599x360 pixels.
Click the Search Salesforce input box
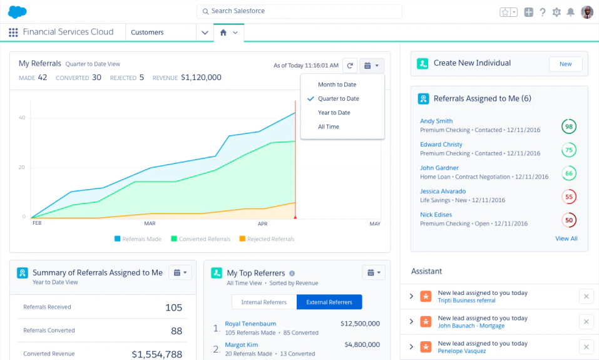299,11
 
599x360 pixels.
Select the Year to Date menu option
334,113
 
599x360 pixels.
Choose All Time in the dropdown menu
328,126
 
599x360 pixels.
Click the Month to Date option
337,85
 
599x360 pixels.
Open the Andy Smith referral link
436,121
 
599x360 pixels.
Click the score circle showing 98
568,126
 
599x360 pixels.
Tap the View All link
566,239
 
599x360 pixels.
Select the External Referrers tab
329,302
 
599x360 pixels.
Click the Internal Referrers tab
264,302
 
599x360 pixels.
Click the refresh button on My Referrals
349,65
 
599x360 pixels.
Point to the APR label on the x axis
262,224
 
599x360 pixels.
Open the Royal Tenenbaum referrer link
250,324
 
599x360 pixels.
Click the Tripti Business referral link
466,301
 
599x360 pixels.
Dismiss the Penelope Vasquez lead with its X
586,347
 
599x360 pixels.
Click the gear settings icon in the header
556,12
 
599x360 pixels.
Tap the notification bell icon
570,12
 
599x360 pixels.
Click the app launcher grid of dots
13,32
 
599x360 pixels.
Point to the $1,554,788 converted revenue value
156,354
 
